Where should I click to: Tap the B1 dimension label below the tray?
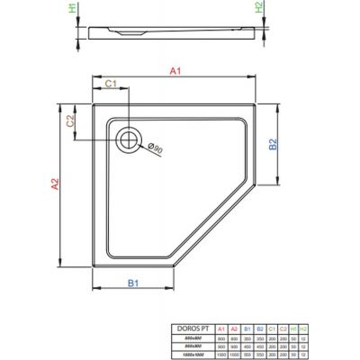tap(134, 285)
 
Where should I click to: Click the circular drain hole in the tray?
tap(128, 139)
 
